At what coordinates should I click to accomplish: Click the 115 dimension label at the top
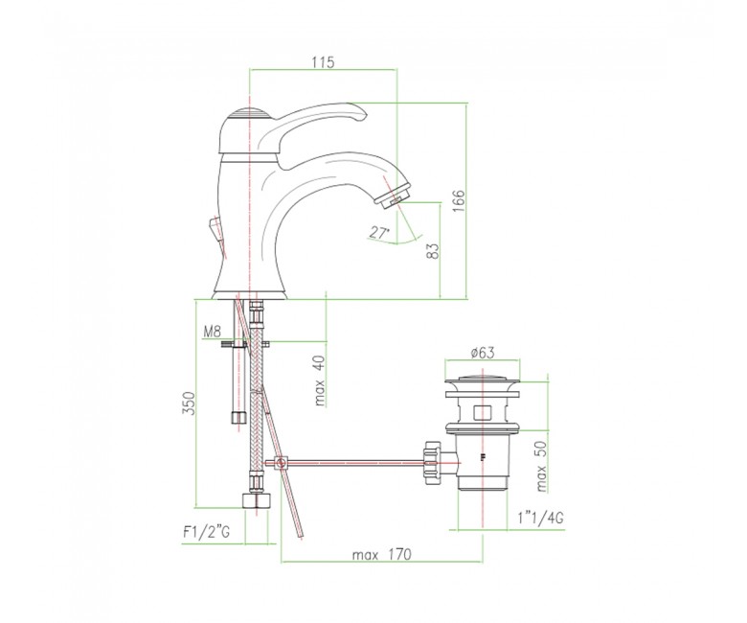pyautogui.click(x=324, y=62)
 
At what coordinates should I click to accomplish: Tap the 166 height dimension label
pyautogui.click(x=458, y=201)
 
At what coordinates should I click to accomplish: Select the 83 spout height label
pyautogui.click(x=433, y=251)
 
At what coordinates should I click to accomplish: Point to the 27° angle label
pyautogui.click(x=379, y=233)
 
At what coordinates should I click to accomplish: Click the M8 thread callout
pyautogui.click(x=213, y=332)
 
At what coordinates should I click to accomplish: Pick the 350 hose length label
pyautogui.click(x=190, y=404)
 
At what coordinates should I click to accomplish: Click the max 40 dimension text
pyautogui.click(x=320, y=381)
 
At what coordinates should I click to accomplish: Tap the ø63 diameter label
pyautogui.click(x=482, y=353)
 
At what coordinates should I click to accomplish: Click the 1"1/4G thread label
pyautogui.click(x=540, y=518)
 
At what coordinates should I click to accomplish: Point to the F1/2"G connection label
pyautogui.click(x=206, y=532)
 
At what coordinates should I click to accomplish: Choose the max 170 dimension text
pyautogui.click(x=381, y=555)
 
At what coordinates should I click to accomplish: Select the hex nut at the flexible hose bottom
pyautogui.click(x=257, y=501)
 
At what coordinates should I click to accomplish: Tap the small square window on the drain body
pyautogui.click(x=483, y=413)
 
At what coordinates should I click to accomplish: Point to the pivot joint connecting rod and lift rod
pyautogui.click(x=281, y=463)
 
